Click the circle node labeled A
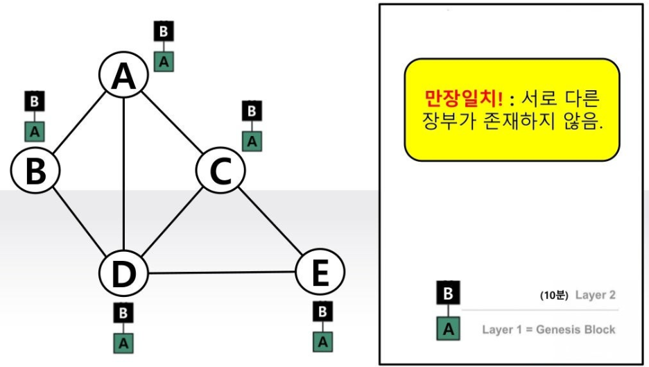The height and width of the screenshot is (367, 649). pyautogui.click(x=123, y=77)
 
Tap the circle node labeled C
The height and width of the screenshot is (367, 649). pyautogui.click(x=220, y=171)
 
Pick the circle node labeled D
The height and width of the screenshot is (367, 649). pyautogui.click(x=123, y=273)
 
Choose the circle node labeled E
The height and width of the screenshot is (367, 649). pyautogui.click(x=320, y=273)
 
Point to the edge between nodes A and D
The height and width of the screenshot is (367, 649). pyautogui.click(x=123, y=173)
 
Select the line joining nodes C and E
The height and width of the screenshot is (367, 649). pyautogui.click(x=270, y=222)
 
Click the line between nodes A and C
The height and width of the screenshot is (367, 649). pyautogui.click(x=172, y=124)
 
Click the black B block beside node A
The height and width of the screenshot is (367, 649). pyautogui.click(x=164, y=31)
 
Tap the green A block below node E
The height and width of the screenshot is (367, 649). pyautogui.click(x=322, y=341)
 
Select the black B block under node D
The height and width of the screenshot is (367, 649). pyautogui.click(x=123, y=313)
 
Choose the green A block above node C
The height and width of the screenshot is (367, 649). pyautogui.click(x=252, y=141)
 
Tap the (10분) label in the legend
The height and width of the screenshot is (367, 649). pyautogui.click(x=554, y=295)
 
